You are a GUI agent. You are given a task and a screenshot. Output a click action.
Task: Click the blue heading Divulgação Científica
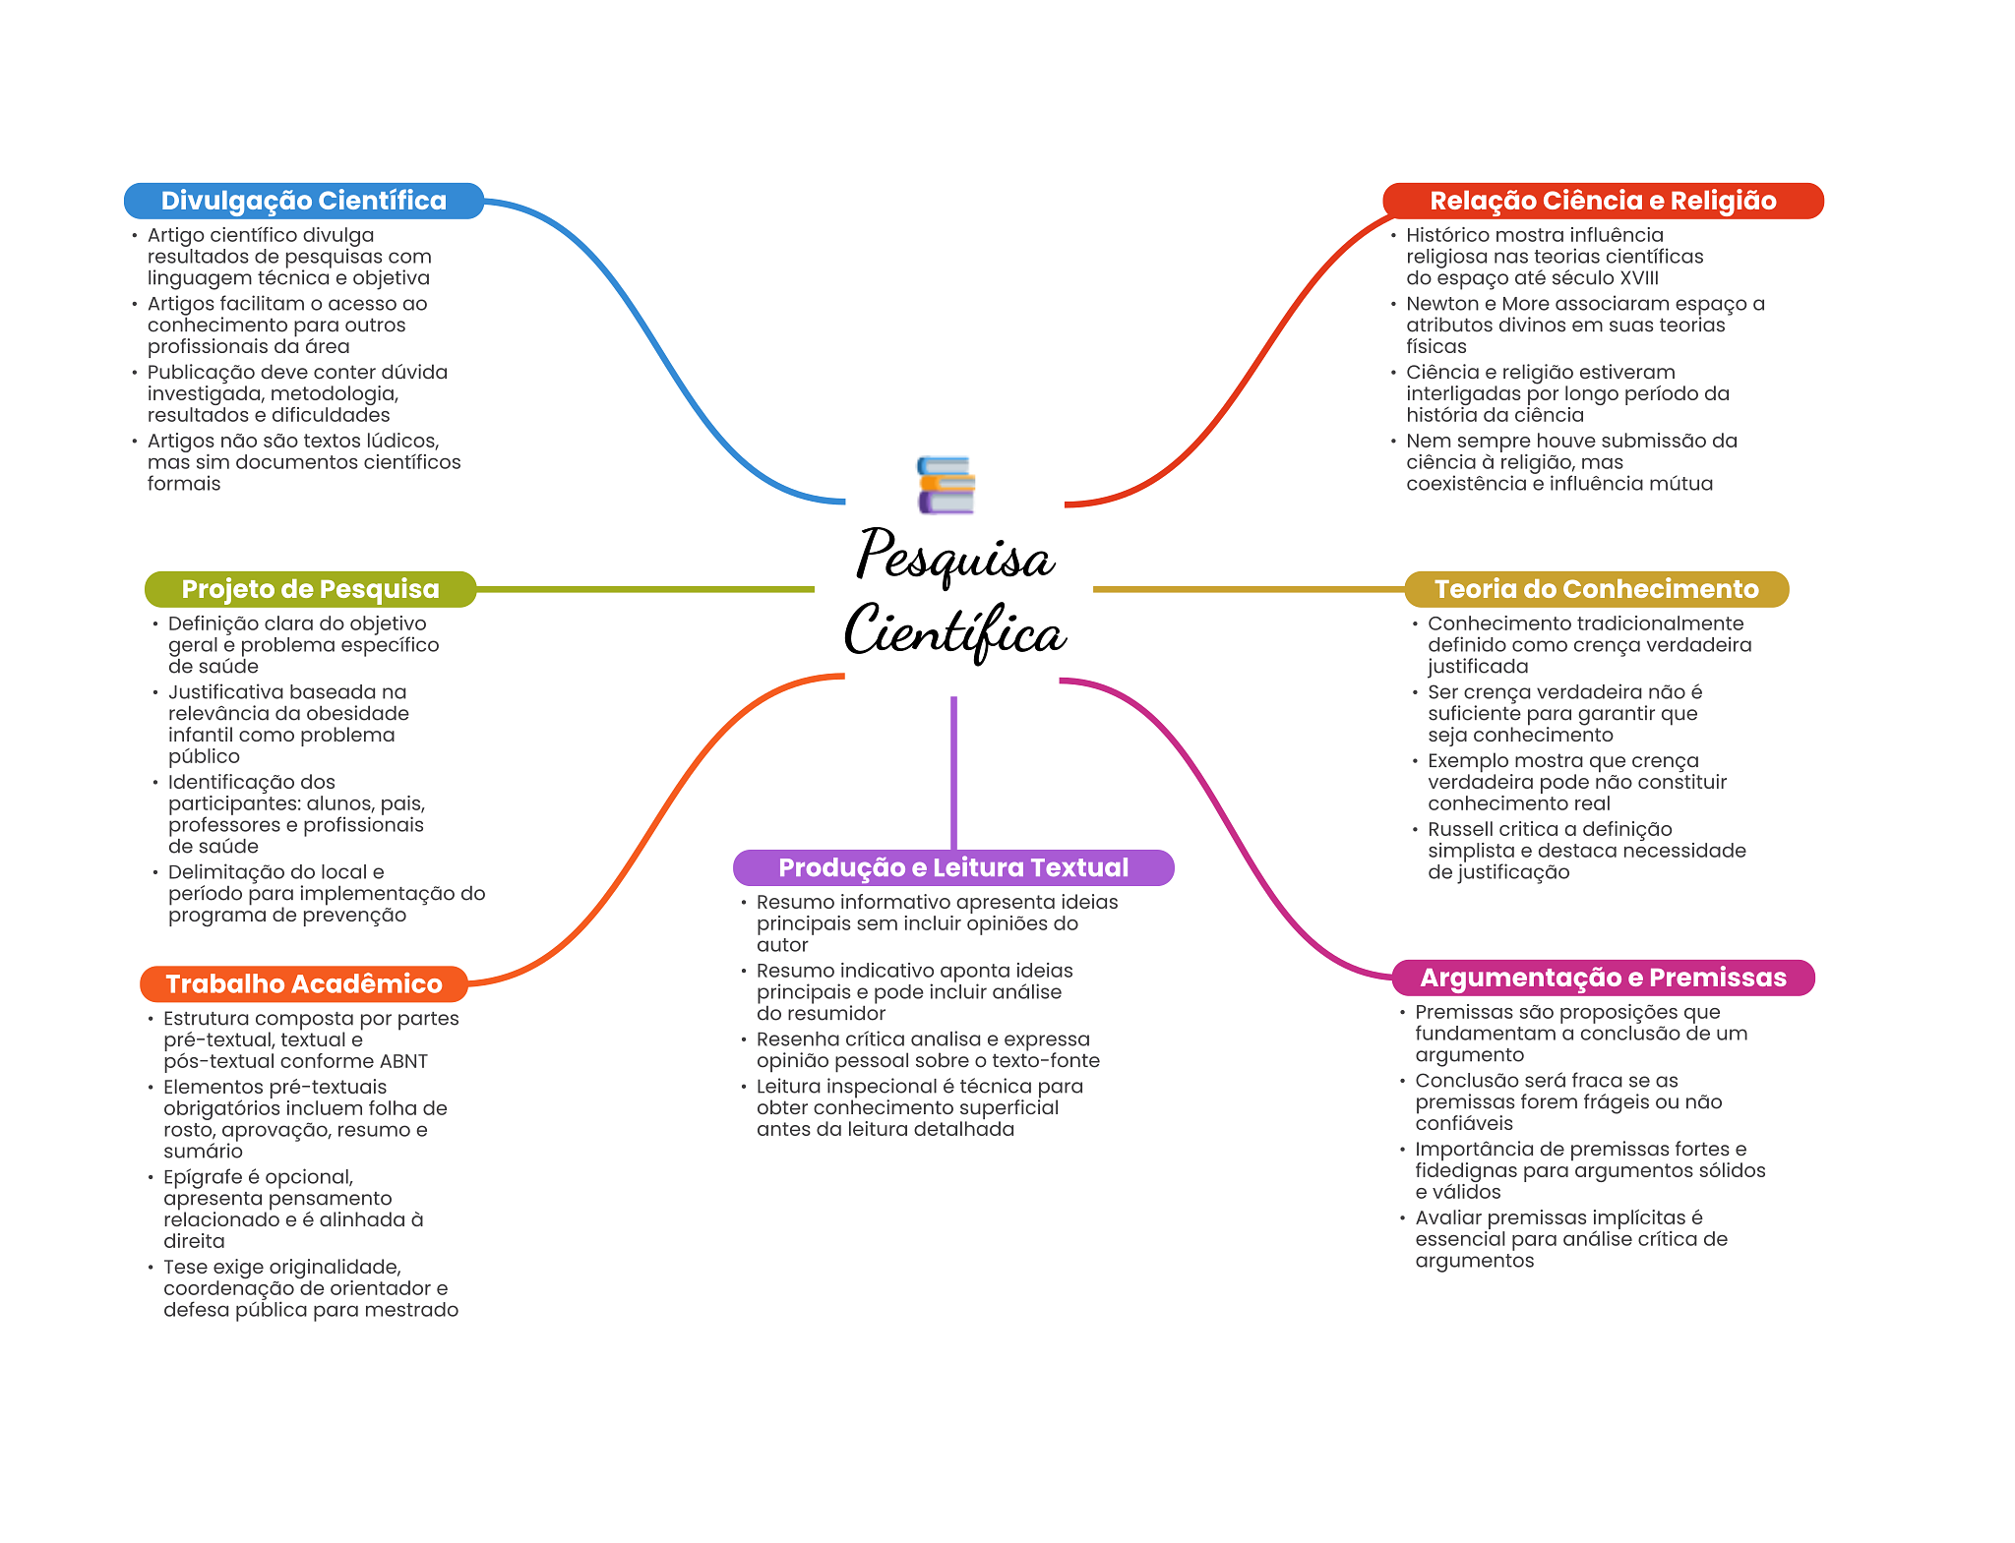tap(303, 201)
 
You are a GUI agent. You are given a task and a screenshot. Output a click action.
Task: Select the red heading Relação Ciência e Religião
tap(1602, 201)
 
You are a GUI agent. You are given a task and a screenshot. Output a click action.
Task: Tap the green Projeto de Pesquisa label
tap(310, 589)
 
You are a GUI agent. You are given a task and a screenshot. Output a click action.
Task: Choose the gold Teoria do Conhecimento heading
tap(1595, 589)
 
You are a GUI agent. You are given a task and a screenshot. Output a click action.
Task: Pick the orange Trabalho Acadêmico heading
tap(303, 983)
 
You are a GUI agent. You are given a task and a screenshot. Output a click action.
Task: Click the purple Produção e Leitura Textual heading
tap(952, 867)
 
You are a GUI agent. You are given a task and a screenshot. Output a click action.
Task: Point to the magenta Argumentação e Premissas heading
tap(1602, 978)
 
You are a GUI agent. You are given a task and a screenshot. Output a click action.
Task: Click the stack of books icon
tap(946, 485)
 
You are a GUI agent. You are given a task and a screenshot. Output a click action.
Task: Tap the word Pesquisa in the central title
tap(954, 557)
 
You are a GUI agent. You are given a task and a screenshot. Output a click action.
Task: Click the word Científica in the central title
tap(954, 631)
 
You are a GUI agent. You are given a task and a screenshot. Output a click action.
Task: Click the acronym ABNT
tap(403, 1061)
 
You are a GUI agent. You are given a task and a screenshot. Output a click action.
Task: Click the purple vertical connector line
tap(953, 772)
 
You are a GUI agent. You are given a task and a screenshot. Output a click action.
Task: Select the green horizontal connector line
tap(644, 589)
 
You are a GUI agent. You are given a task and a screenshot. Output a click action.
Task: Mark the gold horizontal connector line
tap(1248, 589)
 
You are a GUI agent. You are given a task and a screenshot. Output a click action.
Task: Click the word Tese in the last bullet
tap(185, 1267)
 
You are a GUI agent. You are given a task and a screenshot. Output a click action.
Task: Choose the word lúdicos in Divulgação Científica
tap(402, 441)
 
